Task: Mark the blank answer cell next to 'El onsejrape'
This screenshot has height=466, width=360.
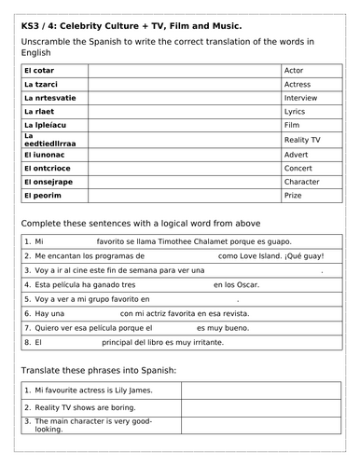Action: coord(184,182)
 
